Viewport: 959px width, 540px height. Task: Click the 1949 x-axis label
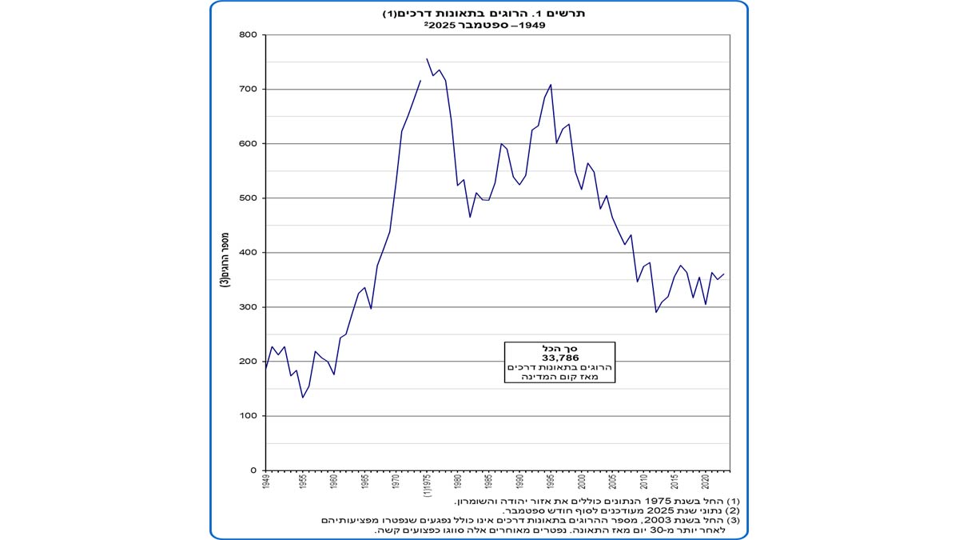pos(265,482)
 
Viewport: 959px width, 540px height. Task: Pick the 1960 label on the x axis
pos(334,482)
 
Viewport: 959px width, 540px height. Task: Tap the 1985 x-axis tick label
pos(488,482)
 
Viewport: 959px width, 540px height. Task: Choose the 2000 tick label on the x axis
pos(581,482)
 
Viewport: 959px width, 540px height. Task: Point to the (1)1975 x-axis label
pos(427,486)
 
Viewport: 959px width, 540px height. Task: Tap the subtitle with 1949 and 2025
pos(479,25)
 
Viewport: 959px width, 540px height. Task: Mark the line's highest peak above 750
pos(427,58)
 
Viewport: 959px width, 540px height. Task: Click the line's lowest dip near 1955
pos(303,398)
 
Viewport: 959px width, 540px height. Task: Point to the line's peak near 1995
pos(551,84)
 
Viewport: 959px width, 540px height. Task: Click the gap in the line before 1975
pos(424,70)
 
